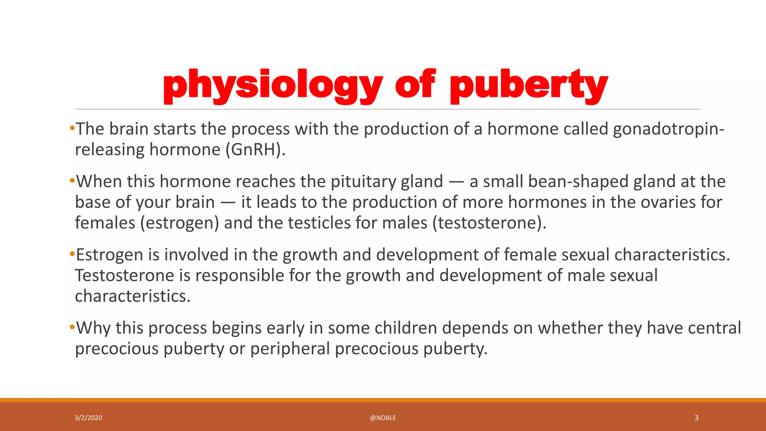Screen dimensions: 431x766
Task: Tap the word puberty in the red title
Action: pyautogui.click(x=529, y=85)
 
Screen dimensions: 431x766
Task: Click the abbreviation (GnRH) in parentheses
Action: pyautogui.click(x=255, y=150)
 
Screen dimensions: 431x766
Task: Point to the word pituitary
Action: pyautogui.click(x=363, y=182)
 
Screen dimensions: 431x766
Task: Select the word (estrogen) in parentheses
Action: pyautogui.click(x=180, y=223)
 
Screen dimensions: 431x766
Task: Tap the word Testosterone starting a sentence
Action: pyautogui.click(x=125, y=276)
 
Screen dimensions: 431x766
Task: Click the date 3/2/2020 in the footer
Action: pyautogui.click(x=88, y=418)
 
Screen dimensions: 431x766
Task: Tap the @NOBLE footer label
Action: pyautogui.click(x=383, y=418)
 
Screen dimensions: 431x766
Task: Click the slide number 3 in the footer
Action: pyautogui.click(x=696, y=418)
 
